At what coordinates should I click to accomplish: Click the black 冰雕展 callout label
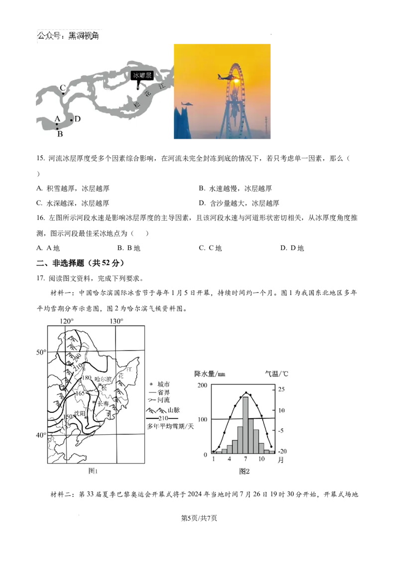click(142, 76)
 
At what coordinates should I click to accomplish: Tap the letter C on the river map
click(63, 88)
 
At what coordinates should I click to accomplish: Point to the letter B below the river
click(60, 133)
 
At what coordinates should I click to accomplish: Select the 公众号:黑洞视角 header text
click(68, 36)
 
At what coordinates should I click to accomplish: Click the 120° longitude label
click(66, 321)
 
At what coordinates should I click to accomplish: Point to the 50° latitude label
click(40, 352)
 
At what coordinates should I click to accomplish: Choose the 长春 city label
click(103, 404)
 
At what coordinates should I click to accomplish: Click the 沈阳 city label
click(80, 413)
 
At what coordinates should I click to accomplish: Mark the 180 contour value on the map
click(86, 378)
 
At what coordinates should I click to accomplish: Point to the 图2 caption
click(244, 470)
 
